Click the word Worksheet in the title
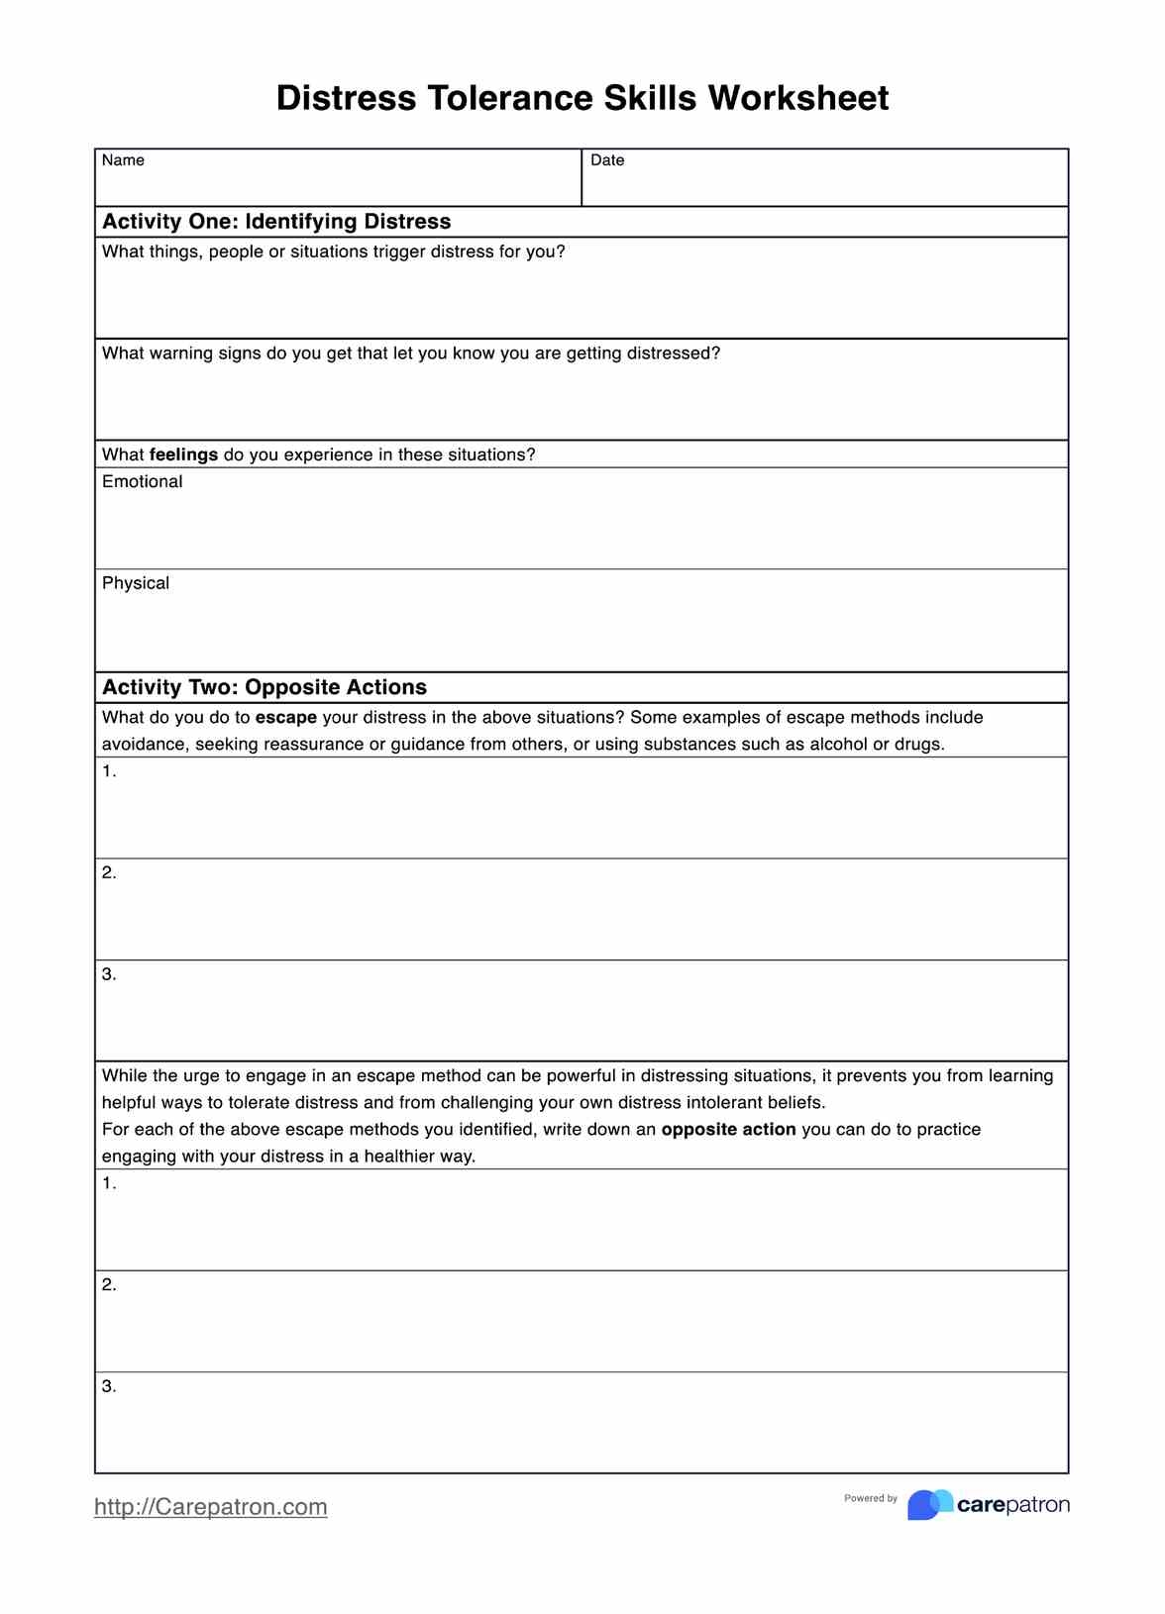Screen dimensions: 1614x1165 [797, 98]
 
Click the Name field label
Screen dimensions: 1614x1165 [123, 160]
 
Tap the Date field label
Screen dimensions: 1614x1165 [607, 160]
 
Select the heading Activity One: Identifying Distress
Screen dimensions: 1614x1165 [276, 222]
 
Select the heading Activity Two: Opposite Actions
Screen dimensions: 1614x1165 [265, 687]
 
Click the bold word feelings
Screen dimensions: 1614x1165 [183, 454]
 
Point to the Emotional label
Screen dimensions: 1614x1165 [142, 482]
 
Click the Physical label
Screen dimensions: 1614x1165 [136, 584]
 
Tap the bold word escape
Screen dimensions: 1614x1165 [285, 718]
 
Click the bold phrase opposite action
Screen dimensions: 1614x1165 [728, 1130]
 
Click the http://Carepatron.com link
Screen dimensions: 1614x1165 [210, 1507]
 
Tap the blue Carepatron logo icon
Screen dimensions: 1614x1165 [929, 1505]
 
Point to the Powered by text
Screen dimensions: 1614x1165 [870, 1498]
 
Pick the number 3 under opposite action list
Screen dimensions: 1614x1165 [108, 1386]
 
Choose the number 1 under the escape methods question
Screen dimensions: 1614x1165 [108, 771]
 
